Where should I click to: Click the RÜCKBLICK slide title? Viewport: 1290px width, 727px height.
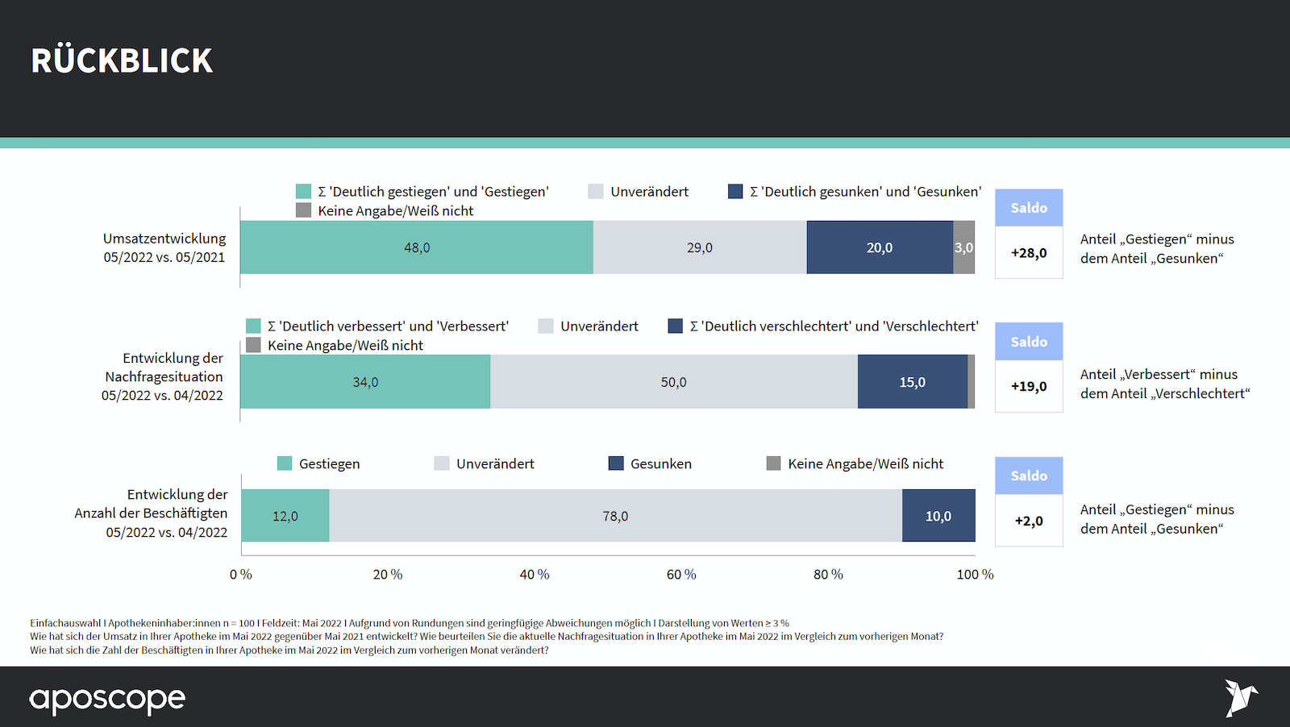(x=122, y=61)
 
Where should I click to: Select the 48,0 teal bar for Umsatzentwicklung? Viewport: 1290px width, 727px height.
(x=416, y=247)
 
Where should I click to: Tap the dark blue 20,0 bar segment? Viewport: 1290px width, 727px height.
(x=879, y=247)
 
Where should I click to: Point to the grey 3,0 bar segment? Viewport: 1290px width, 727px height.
(x=963, y=247)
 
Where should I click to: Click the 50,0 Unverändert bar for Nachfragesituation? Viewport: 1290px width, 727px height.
(x=673, y=382)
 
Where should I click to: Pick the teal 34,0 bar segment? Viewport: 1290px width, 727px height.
(x=364, y=382)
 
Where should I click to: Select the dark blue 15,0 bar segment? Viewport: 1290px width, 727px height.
(x=912, y=382)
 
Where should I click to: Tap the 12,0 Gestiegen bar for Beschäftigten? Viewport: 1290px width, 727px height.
(x=285, y=516)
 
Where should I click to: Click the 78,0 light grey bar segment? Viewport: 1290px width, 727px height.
(x=615, y=516)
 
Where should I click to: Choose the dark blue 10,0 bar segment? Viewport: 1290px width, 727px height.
(x=938, y=516)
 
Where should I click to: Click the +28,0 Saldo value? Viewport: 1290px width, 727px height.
(x=1029, y=253)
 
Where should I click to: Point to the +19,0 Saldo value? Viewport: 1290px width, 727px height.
(x=1029, y=387)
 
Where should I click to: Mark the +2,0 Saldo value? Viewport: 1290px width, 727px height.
(x=1029, y=521)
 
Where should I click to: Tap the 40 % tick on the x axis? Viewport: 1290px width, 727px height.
(x=534, y=575)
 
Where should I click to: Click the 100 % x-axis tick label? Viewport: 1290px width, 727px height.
(x=975, y=575)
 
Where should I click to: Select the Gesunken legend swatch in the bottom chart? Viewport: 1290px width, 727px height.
(x=616, y=463)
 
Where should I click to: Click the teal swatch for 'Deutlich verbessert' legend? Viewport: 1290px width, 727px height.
(x=253, y=326)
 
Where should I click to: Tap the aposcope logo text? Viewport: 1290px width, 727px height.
(x=107, y=699)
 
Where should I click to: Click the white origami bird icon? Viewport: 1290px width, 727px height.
(x=1240, y=697)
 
